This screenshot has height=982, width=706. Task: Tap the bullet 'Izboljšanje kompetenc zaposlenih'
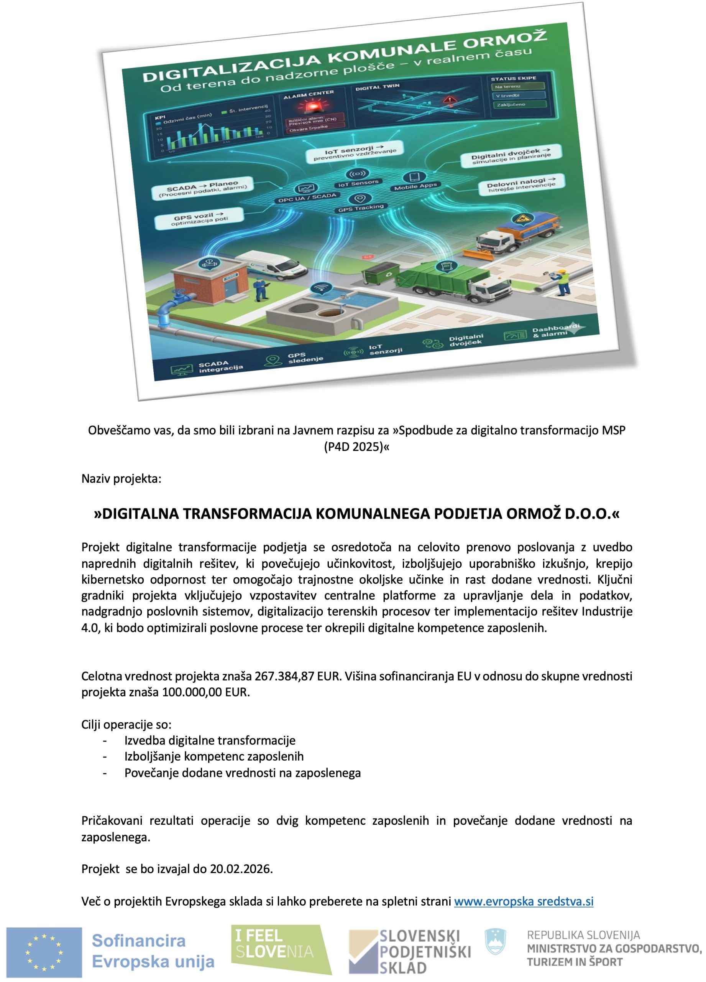click(214, 756)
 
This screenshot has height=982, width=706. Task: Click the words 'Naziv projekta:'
click(121, 478)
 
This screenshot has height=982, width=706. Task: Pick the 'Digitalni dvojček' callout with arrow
click(511, 155)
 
